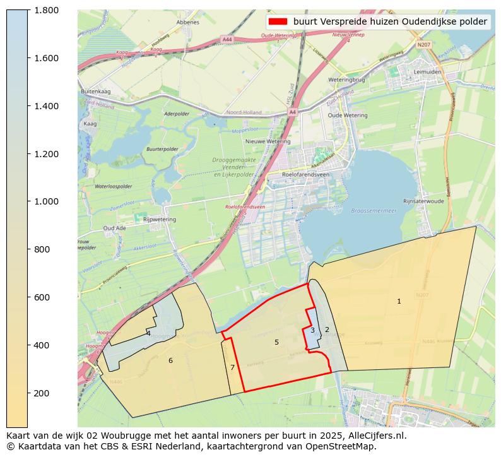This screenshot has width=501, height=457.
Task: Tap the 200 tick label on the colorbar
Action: [42, 393]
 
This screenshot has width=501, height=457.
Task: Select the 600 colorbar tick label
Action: [42, 297]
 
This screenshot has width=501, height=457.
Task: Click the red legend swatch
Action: [278, 21]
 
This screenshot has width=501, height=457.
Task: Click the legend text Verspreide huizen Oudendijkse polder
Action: [390, 21]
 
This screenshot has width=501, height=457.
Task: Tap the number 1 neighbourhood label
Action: [399, 301]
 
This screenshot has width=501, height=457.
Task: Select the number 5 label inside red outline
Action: [276, 342]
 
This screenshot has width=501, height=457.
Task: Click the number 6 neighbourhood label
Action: [170, 360]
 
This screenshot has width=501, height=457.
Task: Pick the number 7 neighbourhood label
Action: [232, 367]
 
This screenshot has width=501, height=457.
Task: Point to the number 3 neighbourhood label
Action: [312, 330]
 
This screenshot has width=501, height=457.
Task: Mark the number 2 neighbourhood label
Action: [327, 329]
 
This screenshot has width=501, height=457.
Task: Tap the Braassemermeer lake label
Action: [374, 211]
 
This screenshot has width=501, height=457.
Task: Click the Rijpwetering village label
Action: [160, 219]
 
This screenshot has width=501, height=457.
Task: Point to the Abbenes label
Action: [188, 22]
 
